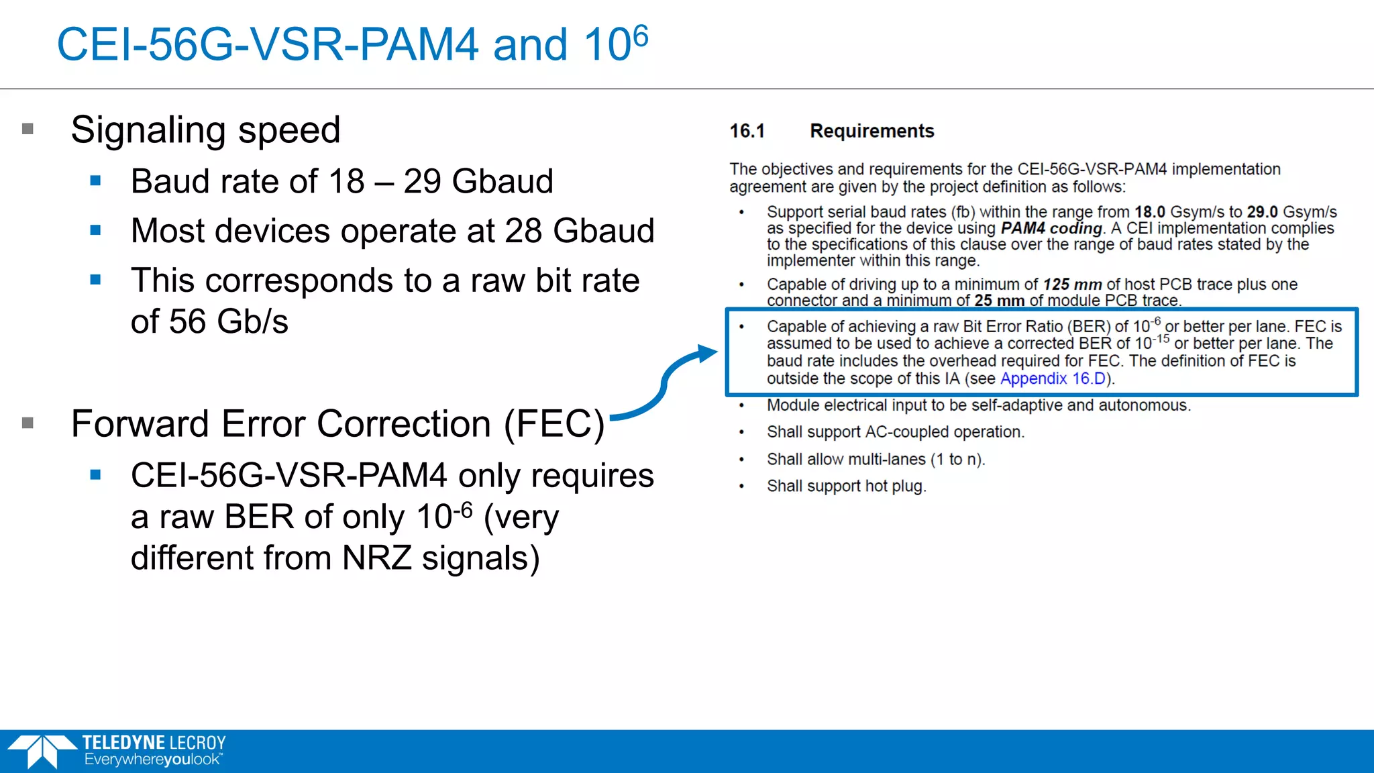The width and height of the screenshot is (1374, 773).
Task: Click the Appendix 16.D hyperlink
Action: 1052,378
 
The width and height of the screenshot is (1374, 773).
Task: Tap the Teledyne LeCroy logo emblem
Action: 42,751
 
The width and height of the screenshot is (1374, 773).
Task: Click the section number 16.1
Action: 747,131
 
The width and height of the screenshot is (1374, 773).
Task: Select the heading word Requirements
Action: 871,131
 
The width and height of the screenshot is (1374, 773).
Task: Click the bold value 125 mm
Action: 1072,285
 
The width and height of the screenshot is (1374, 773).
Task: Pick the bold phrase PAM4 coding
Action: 1051,228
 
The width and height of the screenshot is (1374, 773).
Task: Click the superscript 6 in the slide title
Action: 640,36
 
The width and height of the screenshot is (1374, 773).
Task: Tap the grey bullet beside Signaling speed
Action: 28,129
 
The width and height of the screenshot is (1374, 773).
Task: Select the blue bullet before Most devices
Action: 95,230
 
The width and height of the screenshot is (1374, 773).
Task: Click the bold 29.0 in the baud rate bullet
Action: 1262,212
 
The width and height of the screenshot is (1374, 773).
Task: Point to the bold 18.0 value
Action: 1149,212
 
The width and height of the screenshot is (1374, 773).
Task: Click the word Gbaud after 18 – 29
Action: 503,181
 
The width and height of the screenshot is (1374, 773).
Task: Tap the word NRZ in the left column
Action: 376,558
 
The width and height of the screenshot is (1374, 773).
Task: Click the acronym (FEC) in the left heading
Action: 554,424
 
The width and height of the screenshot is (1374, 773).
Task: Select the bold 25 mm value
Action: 999,301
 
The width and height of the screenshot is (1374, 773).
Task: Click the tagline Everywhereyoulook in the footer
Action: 153,760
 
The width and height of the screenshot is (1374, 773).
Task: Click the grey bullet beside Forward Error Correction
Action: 28,423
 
